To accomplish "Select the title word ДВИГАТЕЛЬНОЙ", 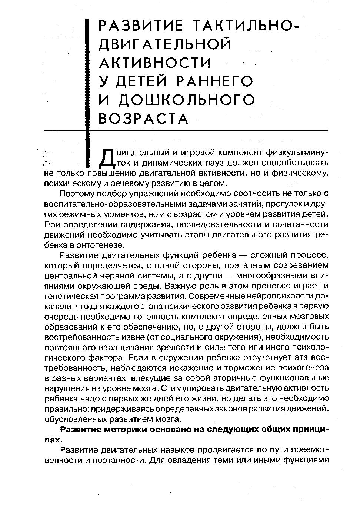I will [x=165, y=44].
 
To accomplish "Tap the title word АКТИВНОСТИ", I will [x=155, y=63].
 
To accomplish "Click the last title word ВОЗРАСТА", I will [x=144, y=118].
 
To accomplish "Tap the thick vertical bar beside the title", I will [x=88, y=93].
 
